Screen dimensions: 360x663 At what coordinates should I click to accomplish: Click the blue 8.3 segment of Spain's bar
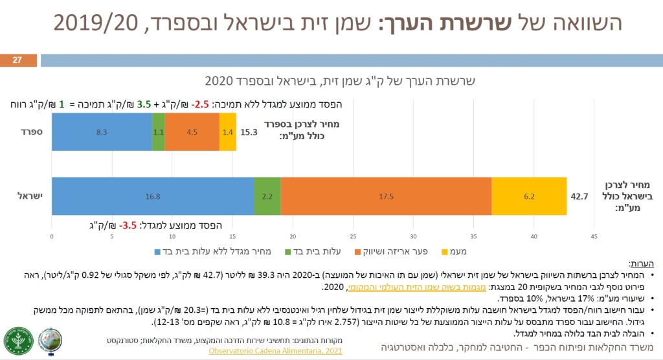(x=102, y=131)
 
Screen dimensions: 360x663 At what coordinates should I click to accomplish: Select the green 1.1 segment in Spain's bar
(x=158, y=131)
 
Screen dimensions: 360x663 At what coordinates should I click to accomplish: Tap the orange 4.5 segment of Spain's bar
(x=192, y=131)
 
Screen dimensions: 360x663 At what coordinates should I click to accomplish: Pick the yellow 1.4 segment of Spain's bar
(x=227, y=131)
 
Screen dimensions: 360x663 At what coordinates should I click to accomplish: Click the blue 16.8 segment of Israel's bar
(x=152, y=196)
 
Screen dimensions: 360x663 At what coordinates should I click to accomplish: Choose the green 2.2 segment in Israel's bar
(x=267, y=196)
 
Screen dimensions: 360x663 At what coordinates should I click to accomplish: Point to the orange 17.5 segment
(x=386, y=196)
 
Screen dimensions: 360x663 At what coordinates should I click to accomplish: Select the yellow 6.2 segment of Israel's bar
(x=529, y=196)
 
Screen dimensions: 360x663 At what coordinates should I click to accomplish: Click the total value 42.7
(x=578, y=196)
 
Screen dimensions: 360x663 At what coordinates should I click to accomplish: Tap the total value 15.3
(x=249, y=131)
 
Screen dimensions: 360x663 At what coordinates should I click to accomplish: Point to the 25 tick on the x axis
(x=353, y=236)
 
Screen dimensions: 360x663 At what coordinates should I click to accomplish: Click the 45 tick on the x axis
(x=594, y=236)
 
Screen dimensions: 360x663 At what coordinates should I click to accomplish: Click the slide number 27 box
(x=17, y=60)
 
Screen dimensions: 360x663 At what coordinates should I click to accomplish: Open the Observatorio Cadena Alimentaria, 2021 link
(x=275, y=351)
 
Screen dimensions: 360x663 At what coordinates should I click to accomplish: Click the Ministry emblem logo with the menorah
(x=19, y=341)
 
